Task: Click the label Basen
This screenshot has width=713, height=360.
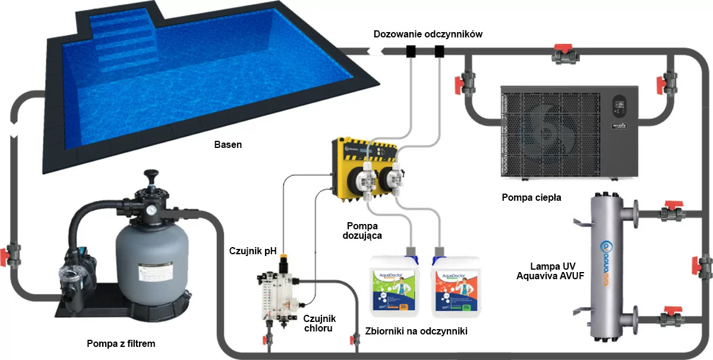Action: pyautogui.click(x=228, y=144)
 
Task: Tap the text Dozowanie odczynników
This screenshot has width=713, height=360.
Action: pyautogui.click(x=428, y=34)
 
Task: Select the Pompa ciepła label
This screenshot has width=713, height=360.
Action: pyautogui.click(x=531, y=197)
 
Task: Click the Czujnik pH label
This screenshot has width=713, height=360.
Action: pyautogui.click(x=249, y=251)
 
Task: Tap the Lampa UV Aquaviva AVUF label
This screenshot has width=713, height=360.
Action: pyautogui.click(x=546, y=270)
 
